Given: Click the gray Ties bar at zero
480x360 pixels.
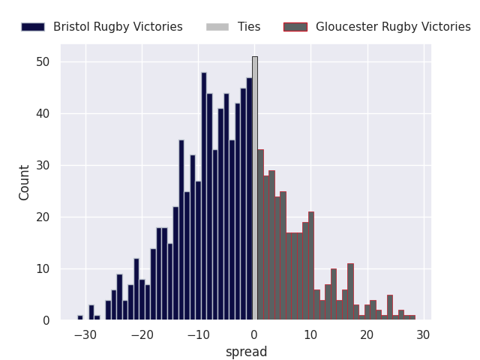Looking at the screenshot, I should coord(255,188).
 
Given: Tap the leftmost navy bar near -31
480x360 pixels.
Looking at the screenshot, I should coord(80,318).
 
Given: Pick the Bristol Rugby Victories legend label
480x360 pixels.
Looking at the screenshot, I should coord(118,27).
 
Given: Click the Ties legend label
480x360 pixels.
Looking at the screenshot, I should coord(249,27).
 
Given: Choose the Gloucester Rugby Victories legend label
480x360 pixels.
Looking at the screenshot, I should coord(393,27).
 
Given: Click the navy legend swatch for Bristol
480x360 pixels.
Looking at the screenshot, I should coord(33,27).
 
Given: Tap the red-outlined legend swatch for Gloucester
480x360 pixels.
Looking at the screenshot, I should coord(295,27).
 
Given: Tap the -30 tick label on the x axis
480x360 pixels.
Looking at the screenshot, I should coord(84,334).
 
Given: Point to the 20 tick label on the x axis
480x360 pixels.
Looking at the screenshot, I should coord(367,334).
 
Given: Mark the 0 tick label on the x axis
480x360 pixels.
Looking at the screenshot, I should coord(254,334).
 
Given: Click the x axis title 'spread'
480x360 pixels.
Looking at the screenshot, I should coord(247,352).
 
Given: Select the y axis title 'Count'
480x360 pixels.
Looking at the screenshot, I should coord(25,182).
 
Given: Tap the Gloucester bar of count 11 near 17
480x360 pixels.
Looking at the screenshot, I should coord(350,292).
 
